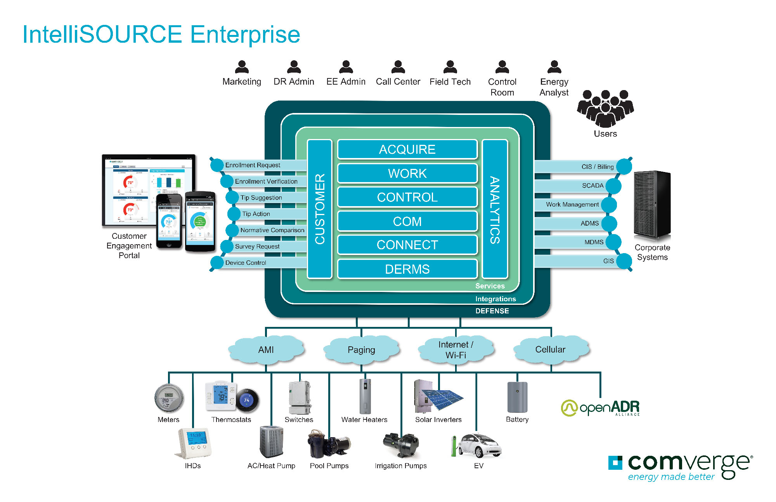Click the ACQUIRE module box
point(407,149)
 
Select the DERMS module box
point(407,269)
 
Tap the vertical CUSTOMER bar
point(320,209)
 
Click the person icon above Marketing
point(242,67)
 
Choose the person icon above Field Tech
point(450,67)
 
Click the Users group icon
point(605,108)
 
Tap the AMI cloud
point(266,349)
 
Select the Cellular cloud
point(551,349)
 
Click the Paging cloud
point(361,350)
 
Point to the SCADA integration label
point(592,186)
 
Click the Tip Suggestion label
point(261,198)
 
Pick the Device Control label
point(246,263)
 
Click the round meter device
point(169,398)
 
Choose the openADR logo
point(600,408)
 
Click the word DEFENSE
point(492,311)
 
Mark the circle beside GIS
point(624,261)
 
